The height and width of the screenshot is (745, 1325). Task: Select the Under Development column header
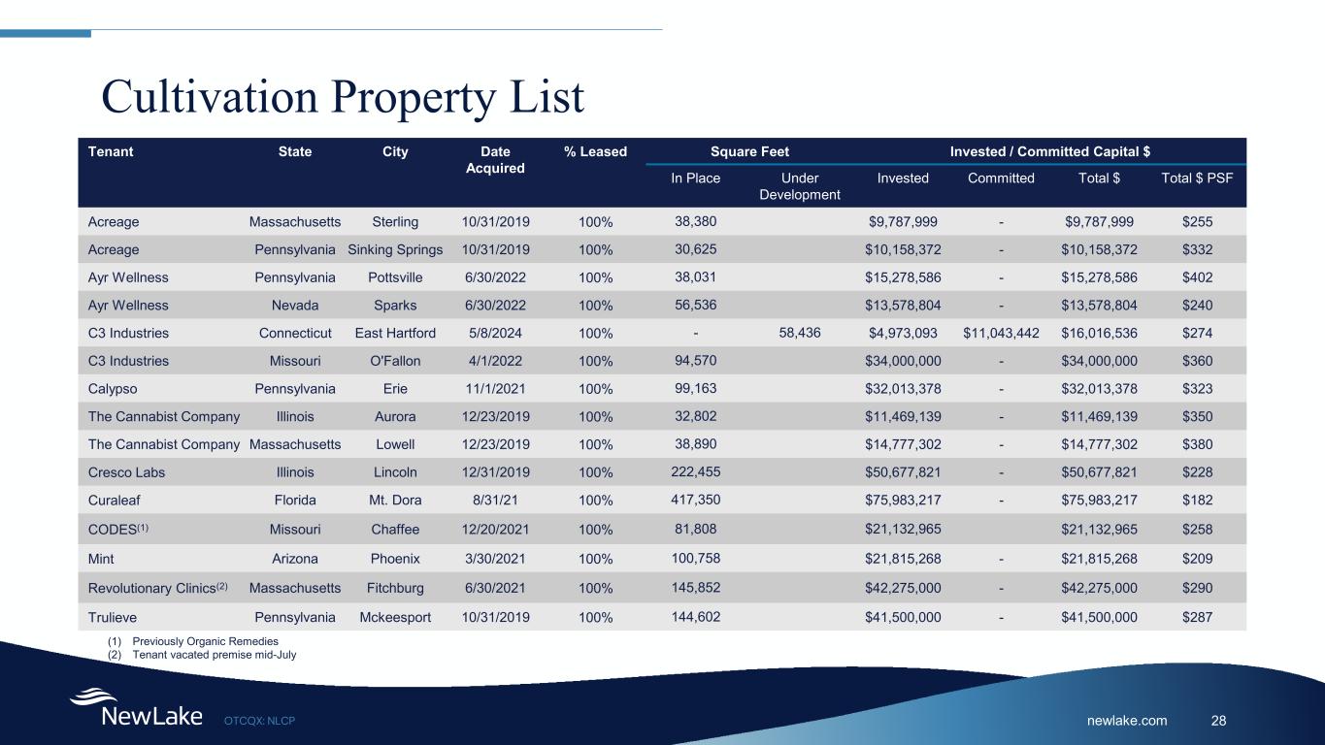799,186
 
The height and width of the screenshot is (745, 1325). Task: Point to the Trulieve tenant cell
115,617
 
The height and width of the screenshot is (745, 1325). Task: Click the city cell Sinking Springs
395,249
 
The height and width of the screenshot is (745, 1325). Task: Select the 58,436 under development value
800,333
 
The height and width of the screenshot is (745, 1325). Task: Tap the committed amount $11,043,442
1001,334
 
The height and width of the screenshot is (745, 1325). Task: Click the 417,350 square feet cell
695,500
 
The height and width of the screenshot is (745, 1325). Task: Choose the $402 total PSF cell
1197,277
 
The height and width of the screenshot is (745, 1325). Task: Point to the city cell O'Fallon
395,361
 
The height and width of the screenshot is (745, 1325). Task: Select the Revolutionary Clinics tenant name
154,588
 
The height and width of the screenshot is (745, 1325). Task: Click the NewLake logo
136,709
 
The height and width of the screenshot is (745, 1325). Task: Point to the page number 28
1219,720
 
